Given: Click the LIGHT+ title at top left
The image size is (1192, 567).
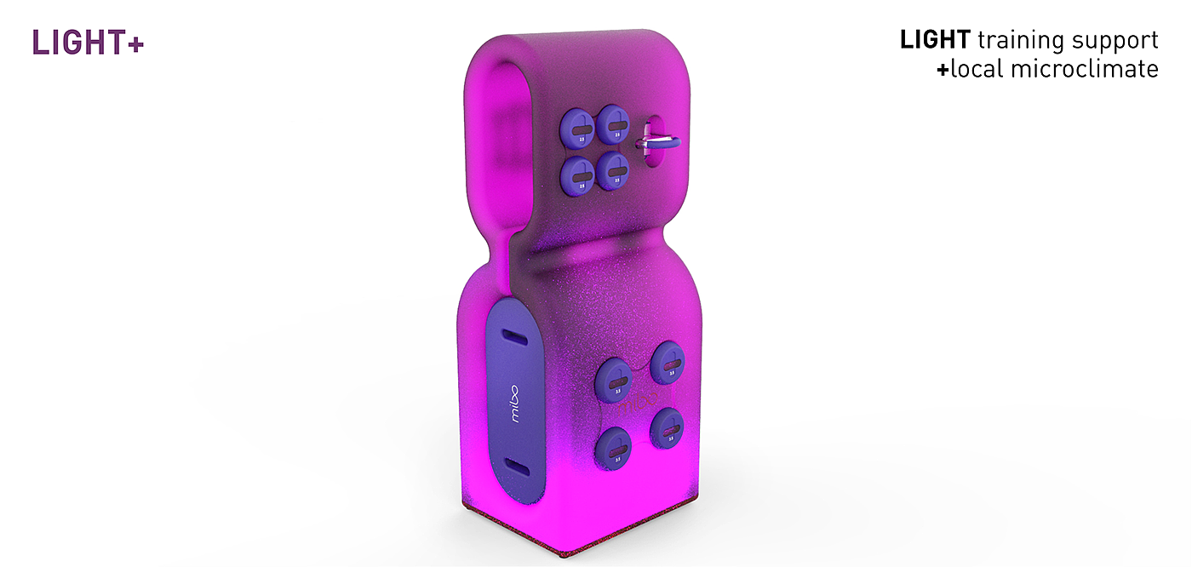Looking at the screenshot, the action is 88,43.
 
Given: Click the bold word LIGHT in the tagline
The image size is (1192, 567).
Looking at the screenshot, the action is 935,39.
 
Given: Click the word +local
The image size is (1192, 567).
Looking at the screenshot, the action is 971,69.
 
